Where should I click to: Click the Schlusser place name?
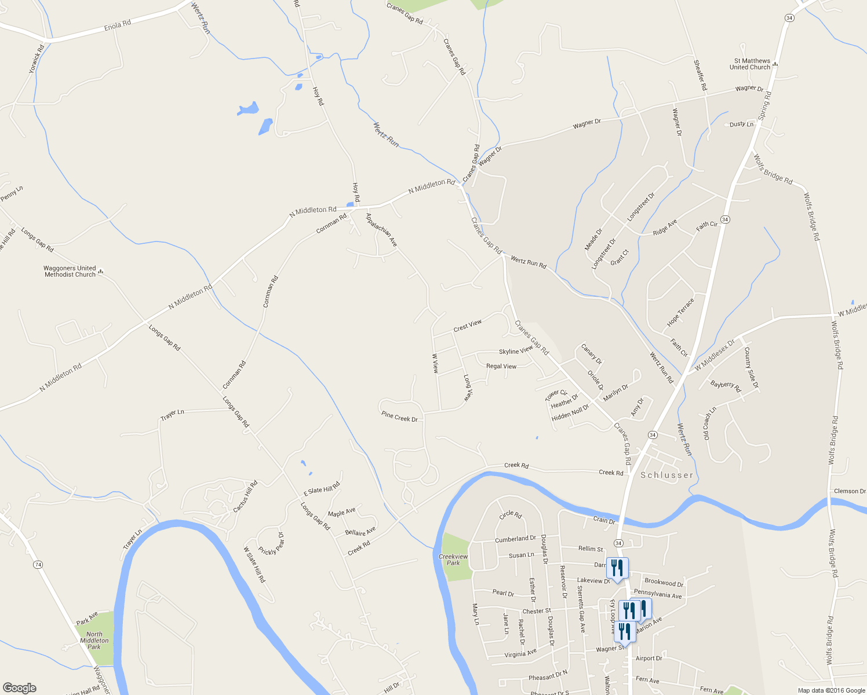point(666,475)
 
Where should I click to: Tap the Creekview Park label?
point(453,559)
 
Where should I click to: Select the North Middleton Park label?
point(94,641)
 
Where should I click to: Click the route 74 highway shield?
point(38,564)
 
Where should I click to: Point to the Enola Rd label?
point(118,25)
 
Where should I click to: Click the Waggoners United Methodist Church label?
point(70,271)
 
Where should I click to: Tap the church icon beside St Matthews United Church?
point(775,64)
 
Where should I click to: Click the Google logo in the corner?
point(19,688)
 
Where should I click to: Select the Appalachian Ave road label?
point(381,230)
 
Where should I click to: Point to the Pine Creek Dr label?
point(399,416)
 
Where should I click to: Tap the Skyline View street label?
point(516,351)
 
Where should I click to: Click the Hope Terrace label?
point(680,313)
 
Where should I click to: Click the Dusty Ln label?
point(741,124)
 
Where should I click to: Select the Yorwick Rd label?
point(37,59)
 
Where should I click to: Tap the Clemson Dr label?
point(850,491)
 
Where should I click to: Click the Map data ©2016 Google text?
point(830,690)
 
